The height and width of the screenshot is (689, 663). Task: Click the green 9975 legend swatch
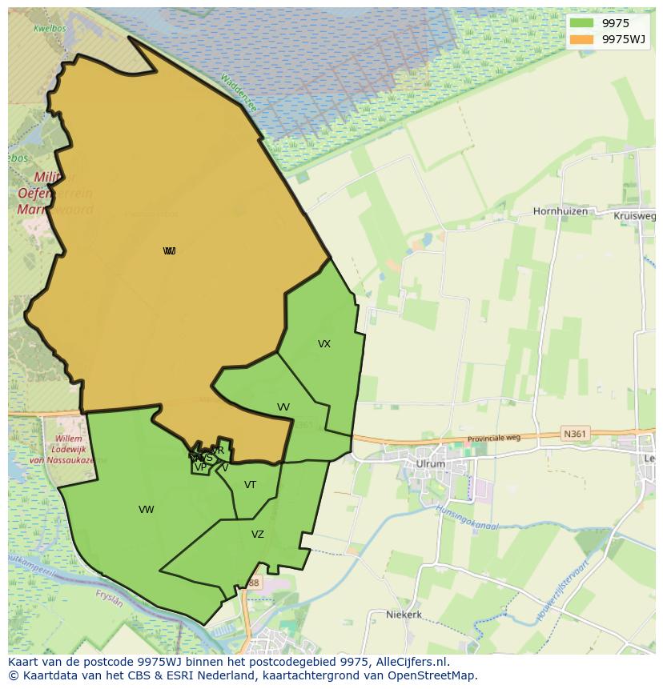582,23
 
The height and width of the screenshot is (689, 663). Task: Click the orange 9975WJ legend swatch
582,39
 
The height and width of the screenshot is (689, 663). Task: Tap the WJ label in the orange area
169,251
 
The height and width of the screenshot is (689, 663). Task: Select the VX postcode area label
324,344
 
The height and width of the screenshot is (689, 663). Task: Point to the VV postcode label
283,407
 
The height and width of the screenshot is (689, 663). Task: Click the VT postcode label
251,485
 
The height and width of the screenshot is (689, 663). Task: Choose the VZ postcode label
258,535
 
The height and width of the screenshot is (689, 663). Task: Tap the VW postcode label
146,510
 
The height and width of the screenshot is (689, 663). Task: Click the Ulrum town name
430,464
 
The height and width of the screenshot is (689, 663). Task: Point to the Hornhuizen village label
561,212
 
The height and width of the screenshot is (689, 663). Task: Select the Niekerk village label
404,615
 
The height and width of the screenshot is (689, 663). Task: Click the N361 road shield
574,434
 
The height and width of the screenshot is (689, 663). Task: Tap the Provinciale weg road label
494,439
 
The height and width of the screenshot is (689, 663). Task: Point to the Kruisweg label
634,216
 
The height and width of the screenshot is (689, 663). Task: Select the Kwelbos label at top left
48,28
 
